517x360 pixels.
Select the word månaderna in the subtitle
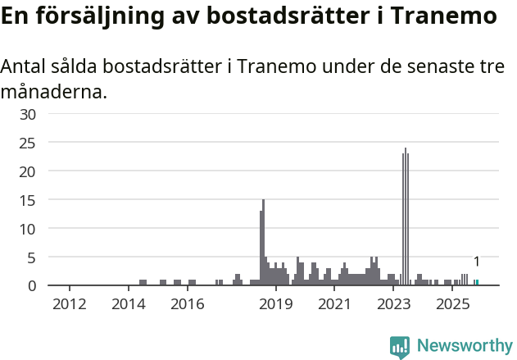coord(53,91)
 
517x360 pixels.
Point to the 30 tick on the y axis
coord(27,114)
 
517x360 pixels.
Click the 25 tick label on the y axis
coord(27,143)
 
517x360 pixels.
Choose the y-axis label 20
coord(27,171)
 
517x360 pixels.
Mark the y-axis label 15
coord(27,200)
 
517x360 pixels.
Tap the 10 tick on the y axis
coord(27,229)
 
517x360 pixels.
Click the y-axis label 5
coord(31,257)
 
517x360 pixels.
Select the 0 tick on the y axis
coord(31,285)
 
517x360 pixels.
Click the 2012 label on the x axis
coord(69,305)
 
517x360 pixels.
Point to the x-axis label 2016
coord(188,305)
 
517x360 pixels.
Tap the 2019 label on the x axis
coord(276,305)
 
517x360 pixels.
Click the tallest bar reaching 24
coord(405,217)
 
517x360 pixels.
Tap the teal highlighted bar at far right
coord(477,283)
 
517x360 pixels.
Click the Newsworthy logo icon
coord(400,347)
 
